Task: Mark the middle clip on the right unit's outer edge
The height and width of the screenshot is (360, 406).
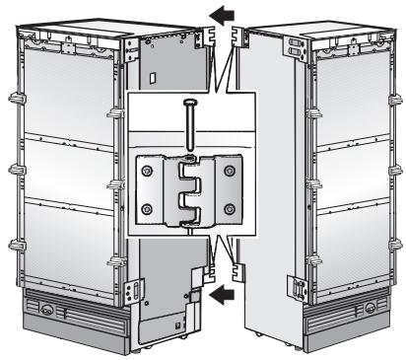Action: [x=394, y=168]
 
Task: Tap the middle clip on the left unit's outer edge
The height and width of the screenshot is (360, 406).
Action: [x=15, y=168]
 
